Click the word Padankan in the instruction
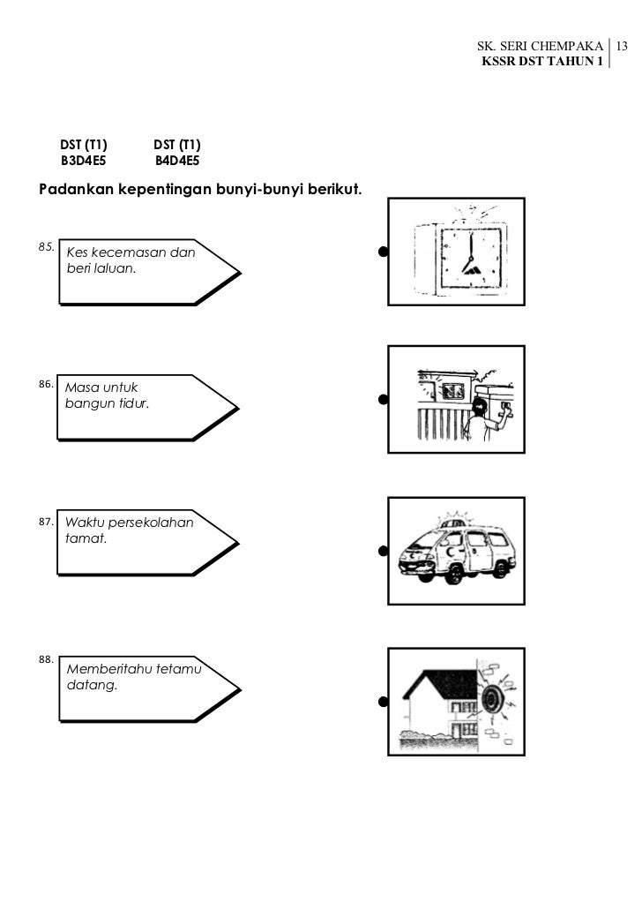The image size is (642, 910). tap(73, 190)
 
